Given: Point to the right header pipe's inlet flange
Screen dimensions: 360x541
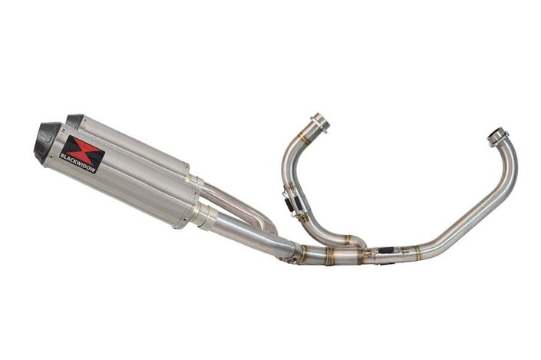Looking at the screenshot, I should tap(498, 138).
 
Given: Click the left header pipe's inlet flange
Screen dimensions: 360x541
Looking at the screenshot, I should tap(318, 122).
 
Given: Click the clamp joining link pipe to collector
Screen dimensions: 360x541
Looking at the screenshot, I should tap(298, 252).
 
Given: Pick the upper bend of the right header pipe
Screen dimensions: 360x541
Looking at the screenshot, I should tap(510, 165).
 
